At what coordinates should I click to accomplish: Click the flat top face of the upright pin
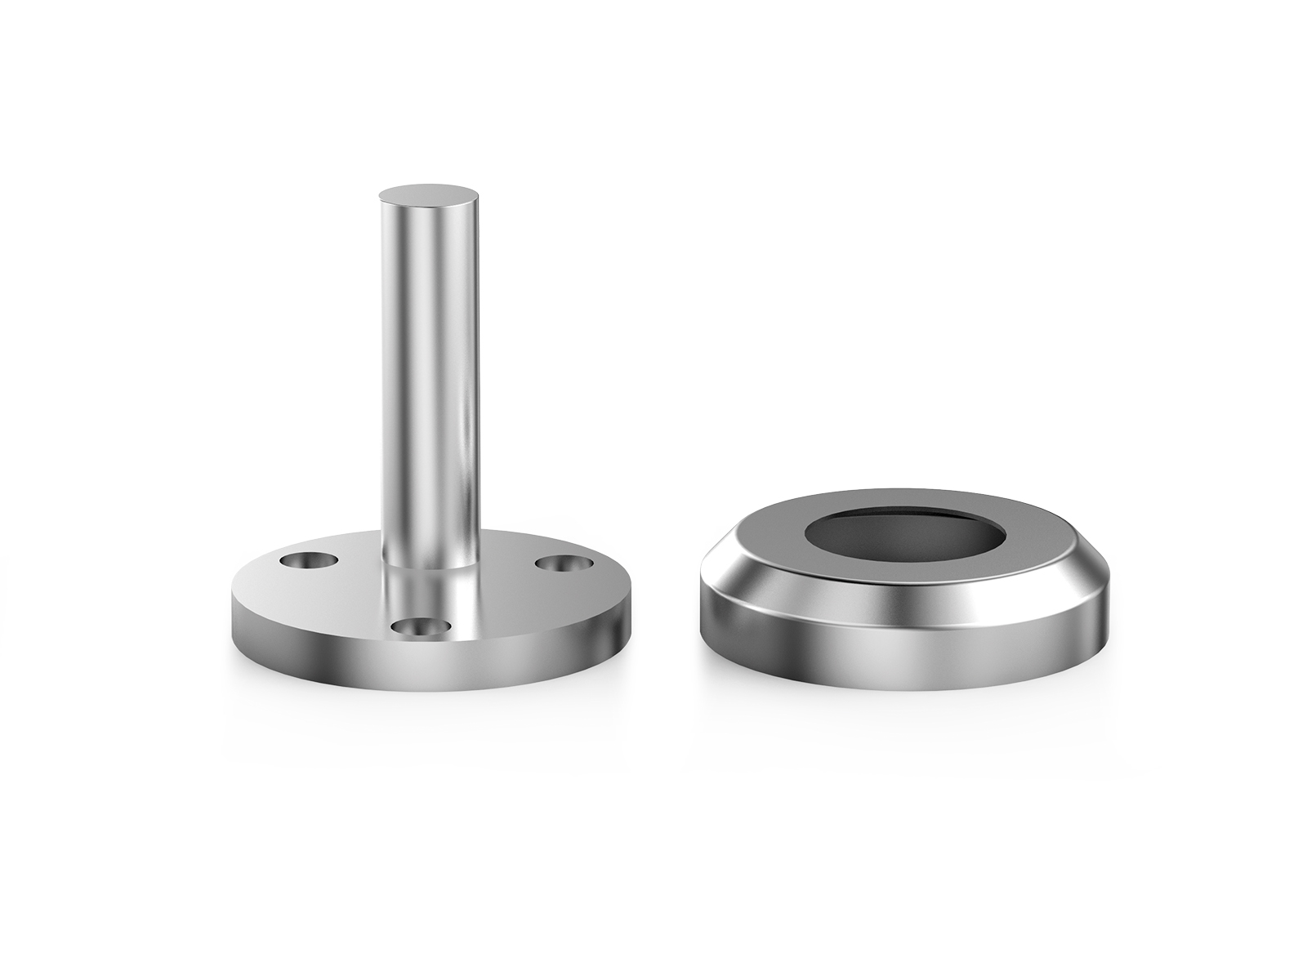[428, 196]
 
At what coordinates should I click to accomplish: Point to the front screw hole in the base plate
[422, 626]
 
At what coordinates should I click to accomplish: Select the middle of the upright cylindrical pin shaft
[428, 367]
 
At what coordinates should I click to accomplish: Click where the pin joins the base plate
[428, 564]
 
